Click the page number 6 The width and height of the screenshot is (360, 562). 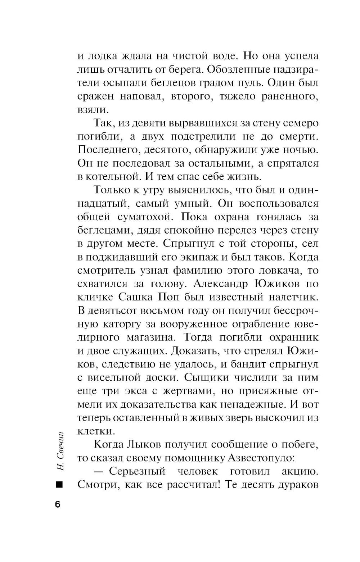point(58,504)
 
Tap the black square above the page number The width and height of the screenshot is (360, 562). point(59,485)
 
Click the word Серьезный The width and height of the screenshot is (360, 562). point(137,471)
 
